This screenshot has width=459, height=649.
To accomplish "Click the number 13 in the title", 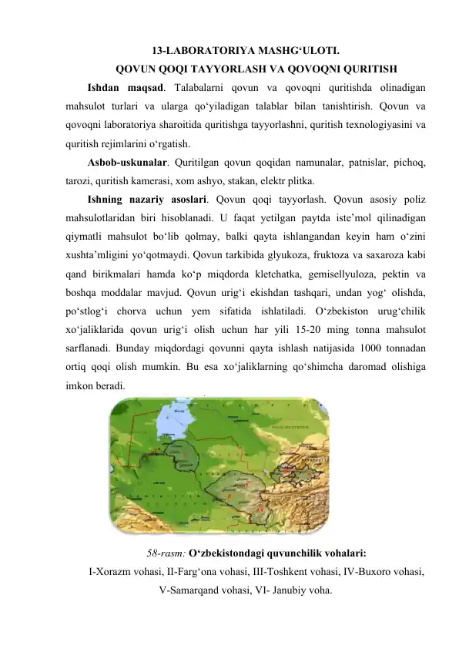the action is click(158, 52).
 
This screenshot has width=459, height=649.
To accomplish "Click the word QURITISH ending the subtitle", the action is click(368, 67).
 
